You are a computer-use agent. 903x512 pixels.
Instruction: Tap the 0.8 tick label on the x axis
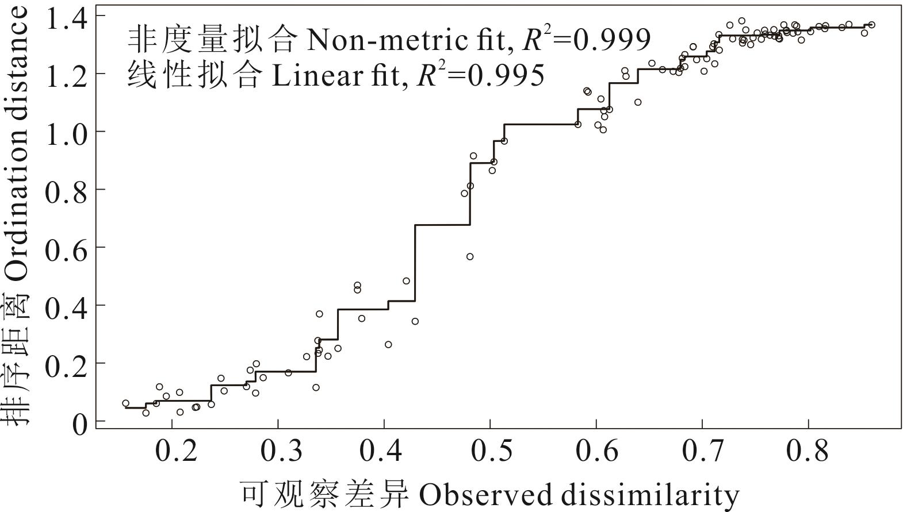pyautogui.click(x=808, y=451)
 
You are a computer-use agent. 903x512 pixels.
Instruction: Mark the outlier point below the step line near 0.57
pyautogui.click(x=470, y=256)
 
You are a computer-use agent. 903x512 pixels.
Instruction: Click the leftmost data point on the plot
pyautogui.click(x=125, y=403)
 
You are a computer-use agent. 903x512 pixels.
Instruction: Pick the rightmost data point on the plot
pyautogui.click(x=871, y=25)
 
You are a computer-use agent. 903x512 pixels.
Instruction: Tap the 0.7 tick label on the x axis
pyautogui.click(x=702, y=451)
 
